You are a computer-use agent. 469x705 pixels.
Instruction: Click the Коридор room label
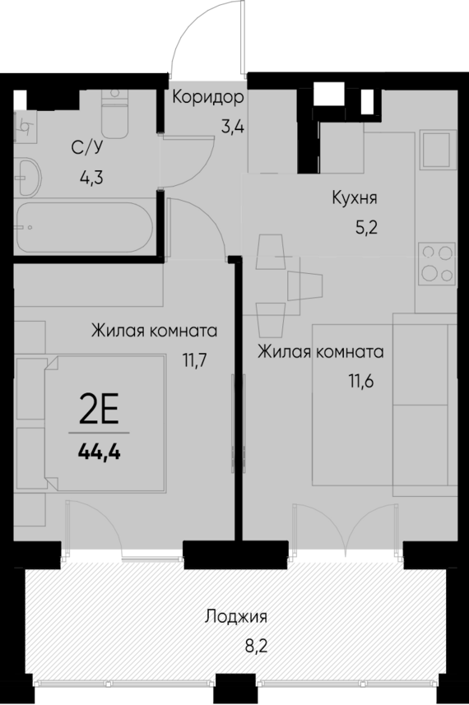tap(208, 98)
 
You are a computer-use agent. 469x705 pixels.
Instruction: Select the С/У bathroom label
tap(86, 148)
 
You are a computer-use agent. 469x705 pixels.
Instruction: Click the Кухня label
tap(355, 197)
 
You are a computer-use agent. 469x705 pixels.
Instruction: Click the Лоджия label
tap(237, 615)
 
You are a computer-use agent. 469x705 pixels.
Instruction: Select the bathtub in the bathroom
tap(82, 222)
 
